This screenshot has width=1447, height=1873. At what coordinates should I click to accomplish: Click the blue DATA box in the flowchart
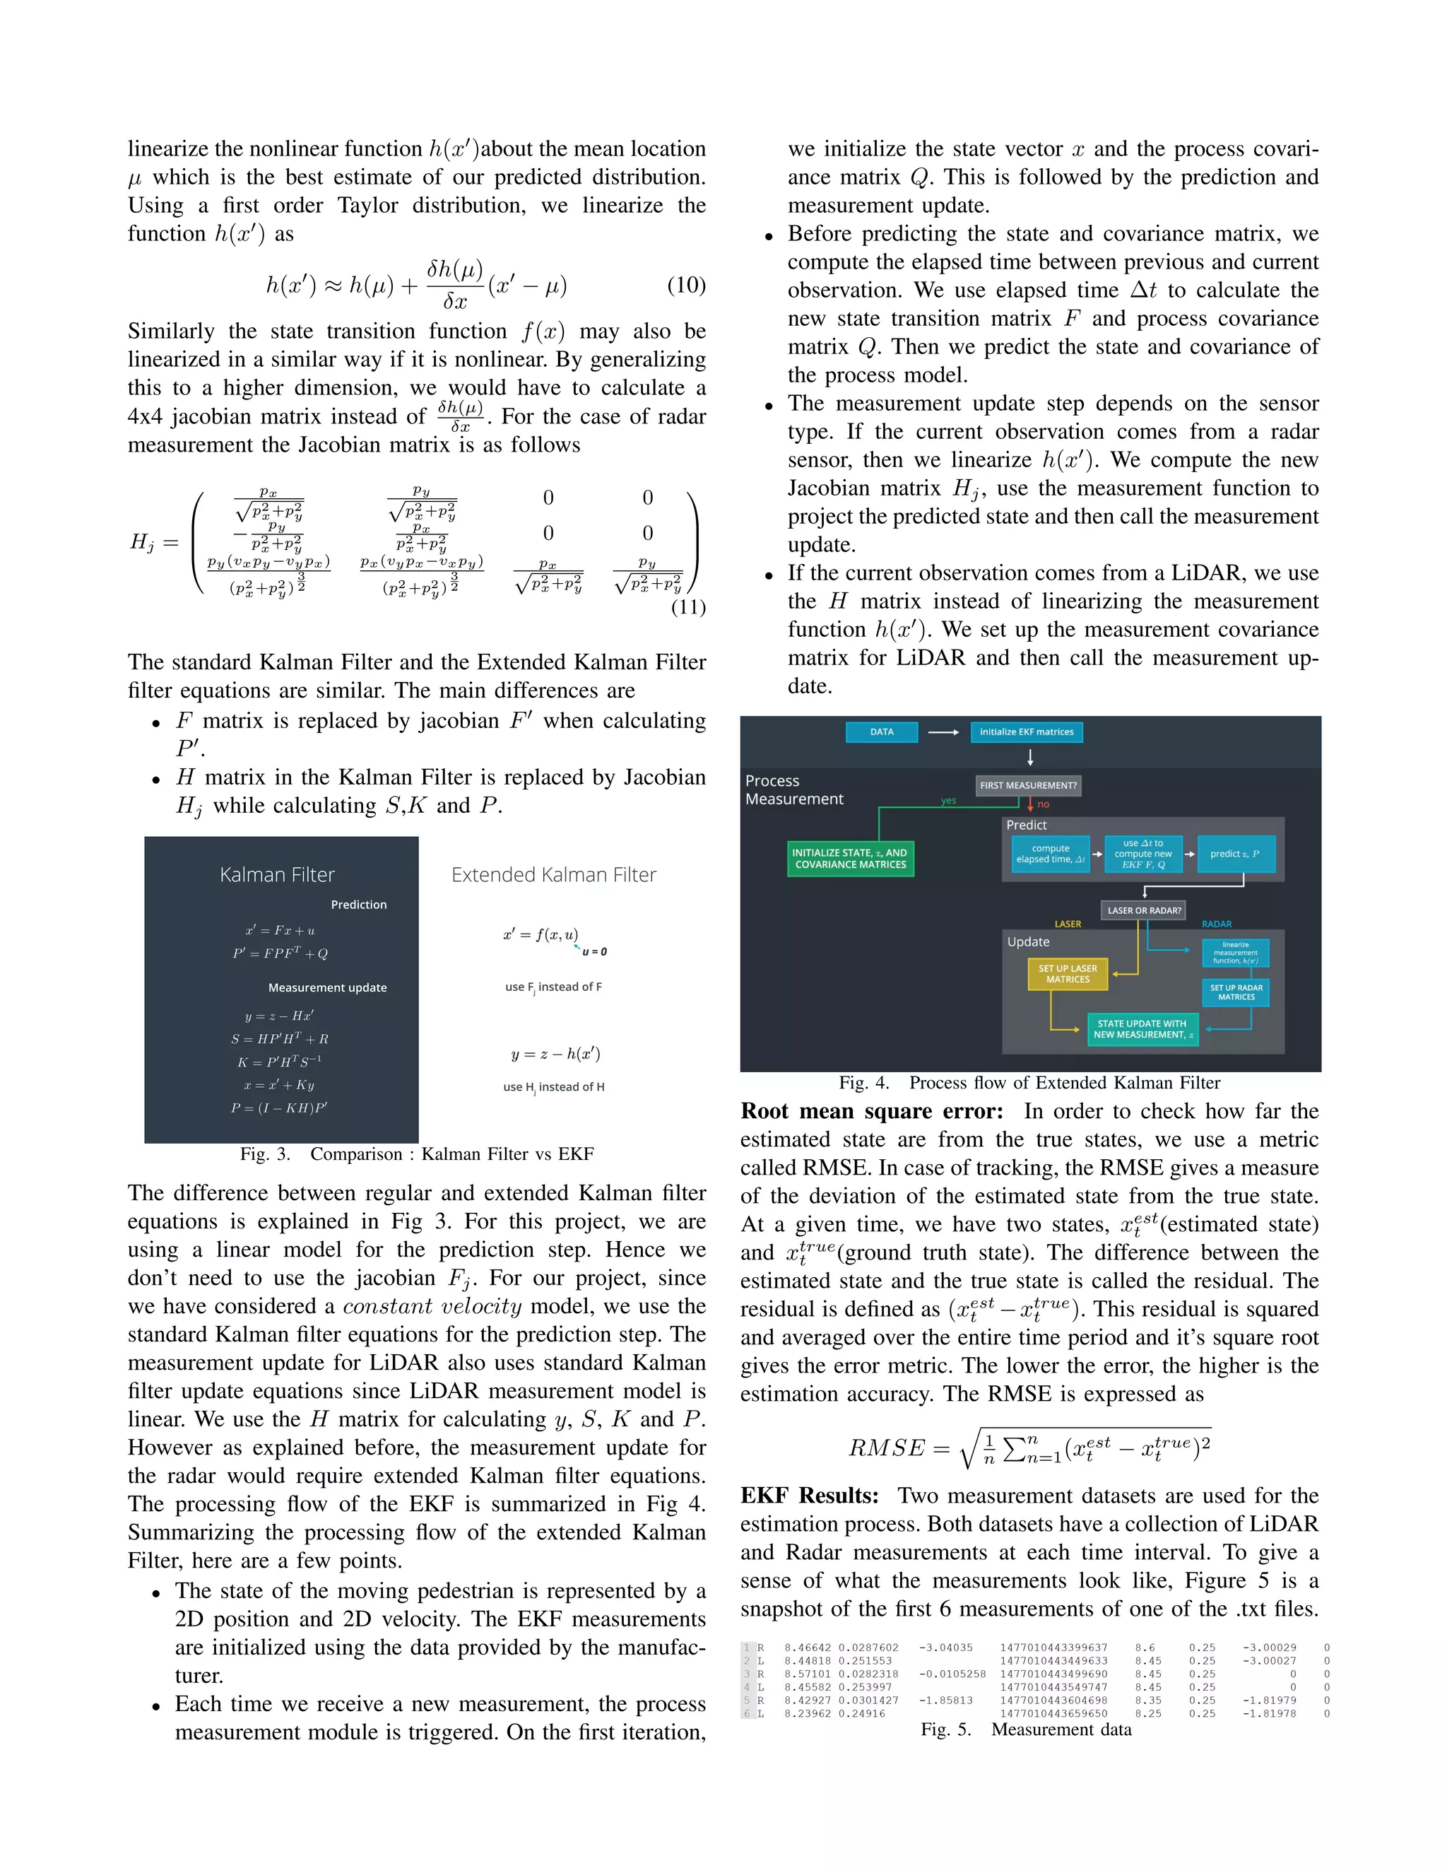tap(881, 732)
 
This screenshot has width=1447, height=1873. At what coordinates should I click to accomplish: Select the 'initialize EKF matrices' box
tap(1026, 732)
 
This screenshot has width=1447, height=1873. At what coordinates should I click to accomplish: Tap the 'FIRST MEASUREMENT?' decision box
tap(1028, 785)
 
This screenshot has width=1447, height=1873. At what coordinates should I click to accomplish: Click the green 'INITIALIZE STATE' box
tap(849, 859)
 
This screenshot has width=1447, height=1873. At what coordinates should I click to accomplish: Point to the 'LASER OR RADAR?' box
tap(1144, 910)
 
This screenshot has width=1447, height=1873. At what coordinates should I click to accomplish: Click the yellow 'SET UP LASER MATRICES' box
tap(1068, 973)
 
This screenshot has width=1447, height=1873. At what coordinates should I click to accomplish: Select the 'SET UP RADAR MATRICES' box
tap(1235, 992)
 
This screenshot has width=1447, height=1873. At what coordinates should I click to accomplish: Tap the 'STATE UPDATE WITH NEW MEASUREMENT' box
tap(1142, 1029)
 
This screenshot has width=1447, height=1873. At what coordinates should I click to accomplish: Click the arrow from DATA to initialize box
tap(943, 732)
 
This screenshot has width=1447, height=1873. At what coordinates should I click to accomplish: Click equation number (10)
tap(686, 285)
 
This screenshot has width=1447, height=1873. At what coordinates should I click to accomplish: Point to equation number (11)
tap(687, 607)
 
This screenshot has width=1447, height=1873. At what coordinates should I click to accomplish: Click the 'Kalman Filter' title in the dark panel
tap(277, 875)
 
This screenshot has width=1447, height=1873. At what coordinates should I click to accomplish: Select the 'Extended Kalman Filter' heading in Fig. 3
tap(554, 875)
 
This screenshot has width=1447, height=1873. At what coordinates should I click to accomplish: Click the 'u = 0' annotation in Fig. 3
tap(594, 951)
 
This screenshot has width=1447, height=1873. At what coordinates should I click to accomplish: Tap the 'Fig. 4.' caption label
tap(863, 1083)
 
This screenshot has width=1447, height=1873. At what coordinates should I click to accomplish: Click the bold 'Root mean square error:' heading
tap(871, 1112)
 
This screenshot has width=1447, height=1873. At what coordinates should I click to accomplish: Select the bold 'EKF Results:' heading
tap(809, 1496)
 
